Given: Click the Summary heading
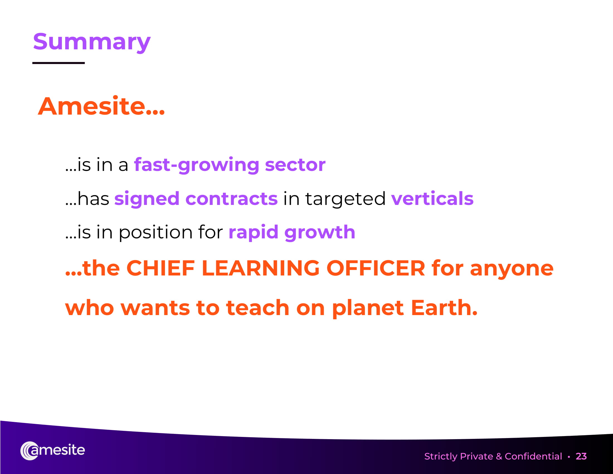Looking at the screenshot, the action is pos(92,42).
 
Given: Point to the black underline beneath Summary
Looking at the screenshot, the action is pos(59,63).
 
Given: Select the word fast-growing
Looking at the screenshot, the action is pos(197,165).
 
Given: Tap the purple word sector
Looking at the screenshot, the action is pos(295,165).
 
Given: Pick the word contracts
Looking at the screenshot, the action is pos(232,199).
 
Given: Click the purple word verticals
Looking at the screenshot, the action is pos(432,199).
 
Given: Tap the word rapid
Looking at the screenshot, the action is pos(254,233).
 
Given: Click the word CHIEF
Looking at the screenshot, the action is pos(160,268).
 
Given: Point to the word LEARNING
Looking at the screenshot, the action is pos(261,268).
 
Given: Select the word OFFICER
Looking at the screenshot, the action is pos(376,268).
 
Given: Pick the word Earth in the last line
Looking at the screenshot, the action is pos(444,308).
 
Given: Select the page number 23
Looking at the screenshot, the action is pos(581,456).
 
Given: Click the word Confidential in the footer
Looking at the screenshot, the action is pos(533,456).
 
